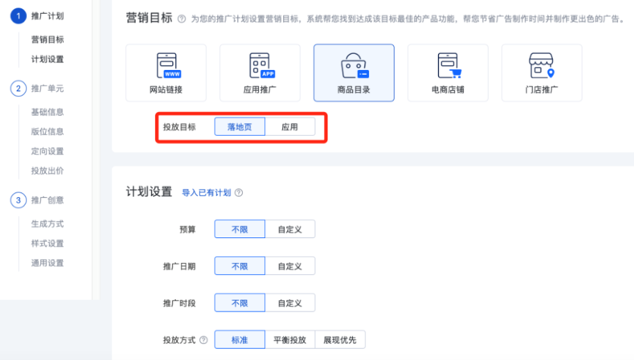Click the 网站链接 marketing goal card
tap(166, 73)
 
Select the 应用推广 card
tap(260, 73)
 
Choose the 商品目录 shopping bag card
tap(354, 73)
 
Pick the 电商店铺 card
tap(448, 73)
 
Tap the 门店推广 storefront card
tap(542, 73)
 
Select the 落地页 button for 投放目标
tap(239, 127)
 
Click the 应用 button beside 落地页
tap(289, 127)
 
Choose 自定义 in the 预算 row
tap(289, 229)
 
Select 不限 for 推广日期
tap(239, 266)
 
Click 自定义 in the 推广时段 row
tap(289, 303)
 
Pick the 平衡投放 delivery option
tap(289, 340)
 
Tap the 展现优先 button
tap(340, 340)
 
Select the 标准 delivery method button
tap(239, 340)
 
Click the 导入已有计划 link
tap(206, 192)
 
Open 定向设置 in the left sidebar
tap(47, 151)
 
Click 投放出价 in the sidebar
tap(47, 170)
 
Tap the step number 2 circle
tap(18, 89)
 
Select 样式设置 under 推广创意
tap(47, 243)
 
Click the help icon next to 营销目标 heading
tap(181, 19)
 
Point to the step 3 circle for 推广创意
tap(18, 200)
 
